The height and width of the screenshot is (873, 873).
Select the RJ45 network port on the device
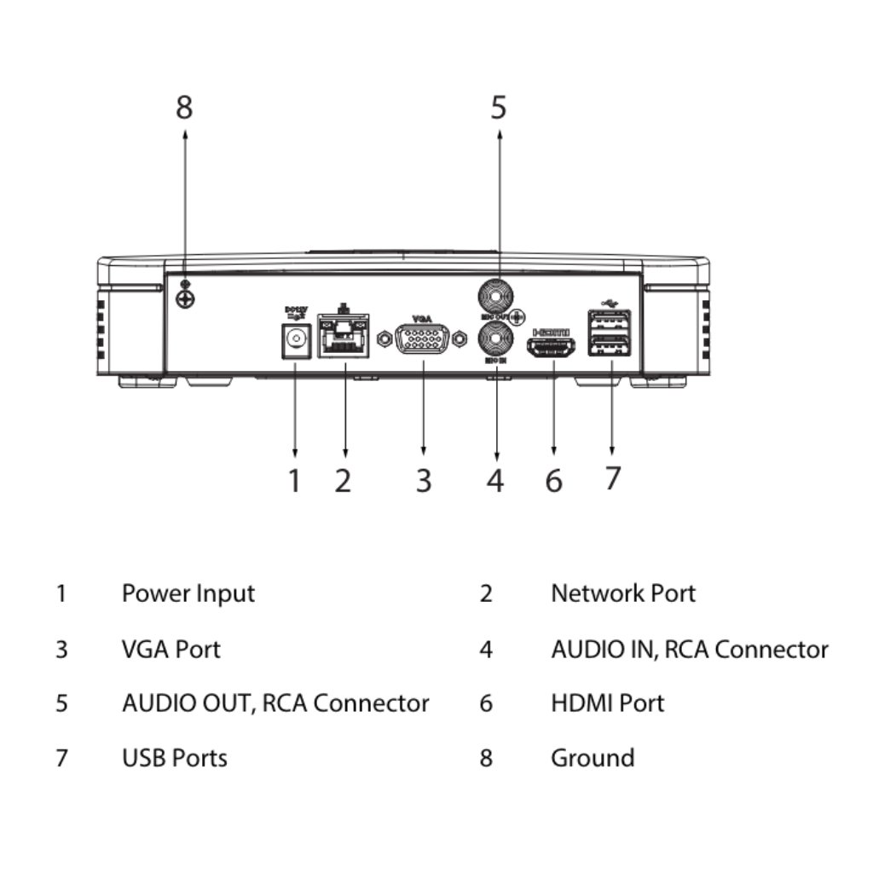(344, 338)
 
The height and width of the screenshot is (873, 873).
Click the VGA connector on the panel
(424, 340)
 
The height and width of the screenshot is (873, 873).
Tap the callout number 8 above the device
(184, 108)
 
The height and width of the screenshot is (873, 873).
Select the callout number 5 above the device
(499, 108)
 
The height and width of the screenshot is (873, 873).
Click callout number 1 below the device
(294, 481)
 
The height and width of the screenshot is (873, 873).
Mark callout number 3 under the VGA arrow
(424, 481)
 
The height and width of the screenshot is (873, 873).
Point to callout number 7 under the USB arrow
(612, 478)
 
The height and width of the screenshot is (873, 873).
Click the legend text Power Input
(188, 593)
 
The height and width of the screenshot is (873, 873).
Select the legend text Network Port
(623, 593)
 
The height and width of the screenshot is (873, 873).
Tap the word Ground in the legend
(593, 758)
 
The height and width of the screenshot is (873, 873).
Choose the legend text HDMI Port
(607, 703)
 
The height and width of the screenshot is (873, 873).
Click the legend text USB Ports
(175, 758)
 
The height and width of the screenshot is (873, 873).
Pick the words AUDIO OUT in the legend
(188, 703)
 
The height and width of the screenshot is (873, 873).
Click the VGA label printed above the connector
(422, 318)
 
